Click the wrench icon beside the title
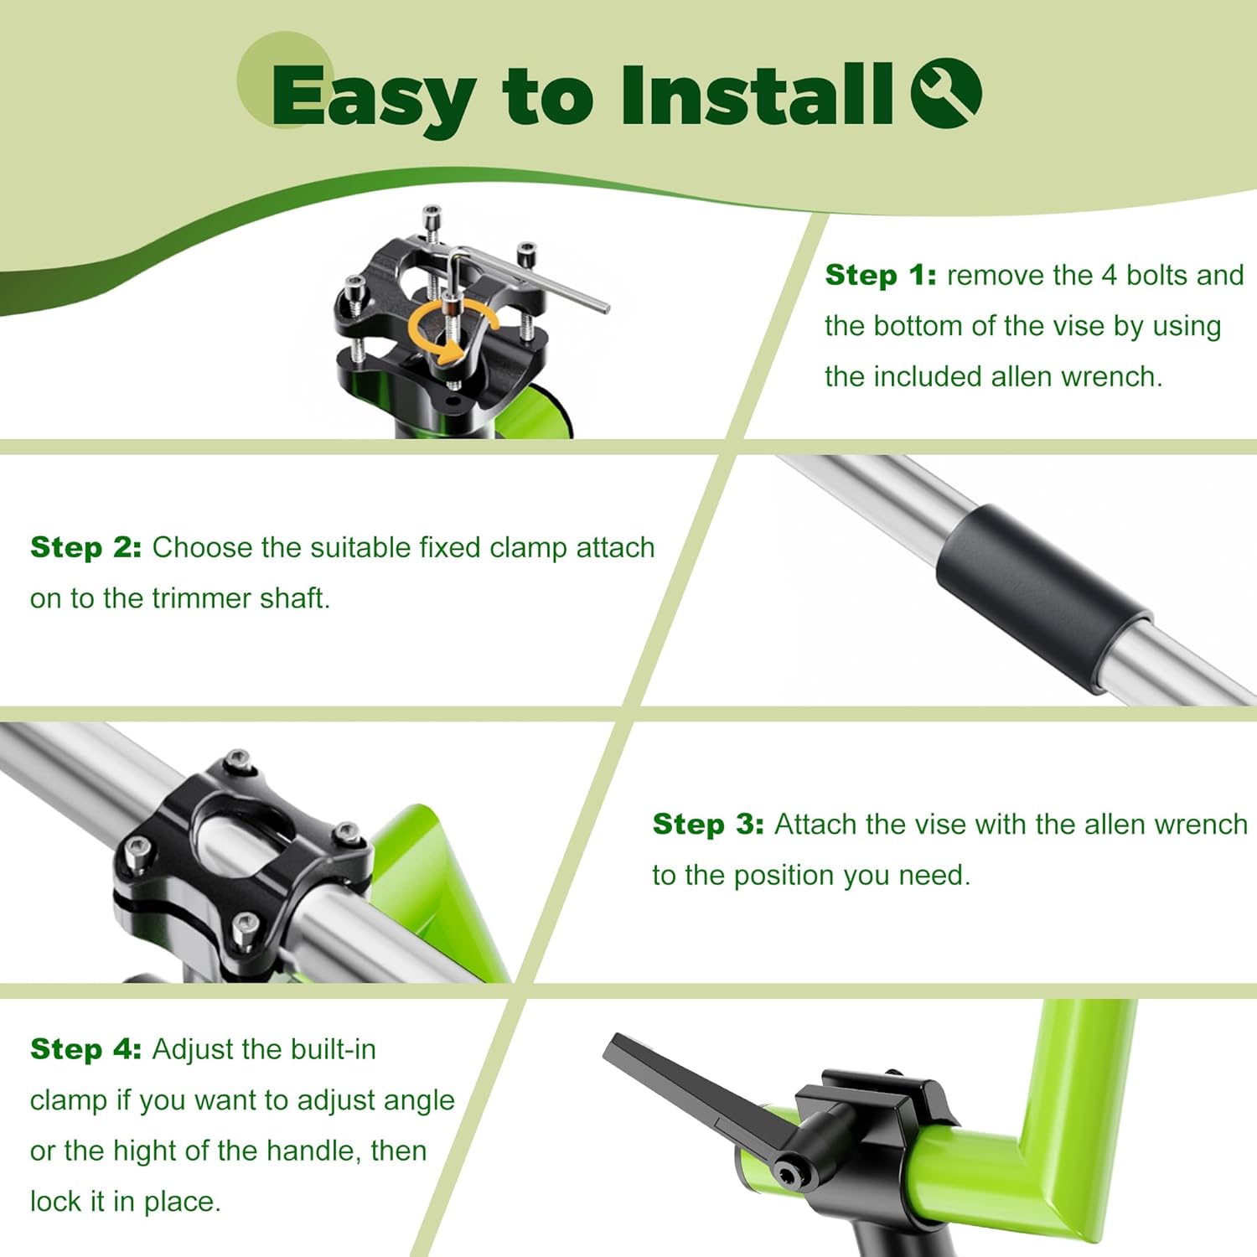tap(946, 93)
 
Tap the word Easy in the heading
tap(374, 99)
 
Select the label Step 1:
tap(881, 275)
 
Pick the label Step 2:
tap(85, 547)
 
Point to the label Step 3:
tap(708, 824)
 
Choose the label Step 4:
tap(85, 1049)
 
